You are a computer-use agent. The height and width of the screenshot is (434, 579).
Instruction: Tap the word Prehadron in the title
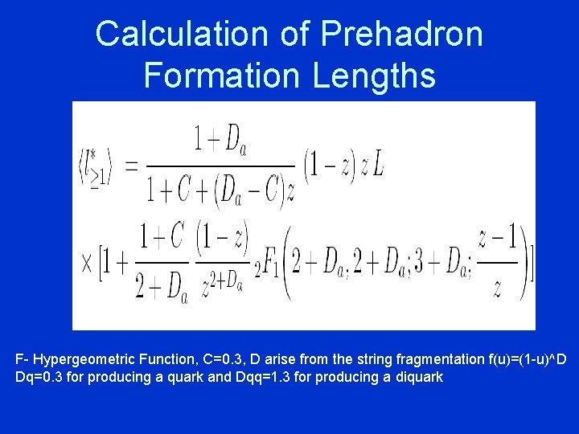click(x=402, y=35)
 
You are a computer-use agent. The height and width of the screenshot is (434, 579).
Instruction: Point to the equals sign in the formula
click(x=131, y=166)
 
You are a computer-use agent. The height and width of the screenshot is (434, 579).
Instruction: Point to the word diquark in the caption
click(x=420, y=376)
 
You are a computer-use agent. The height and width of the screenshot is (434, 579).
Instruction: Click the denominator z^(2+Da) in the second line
click(x=220, y=282)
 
